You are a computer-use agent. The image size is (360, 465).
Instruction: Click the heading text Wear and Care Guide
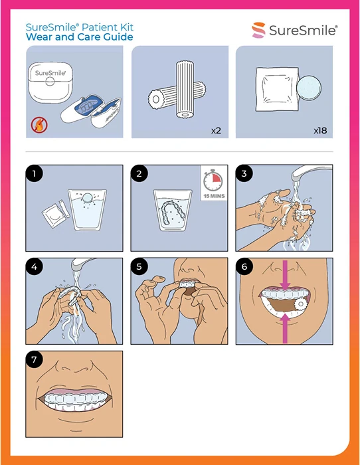point(79,37)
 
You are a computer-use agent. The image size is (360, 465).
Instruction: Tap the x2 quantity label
point(216,130)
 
